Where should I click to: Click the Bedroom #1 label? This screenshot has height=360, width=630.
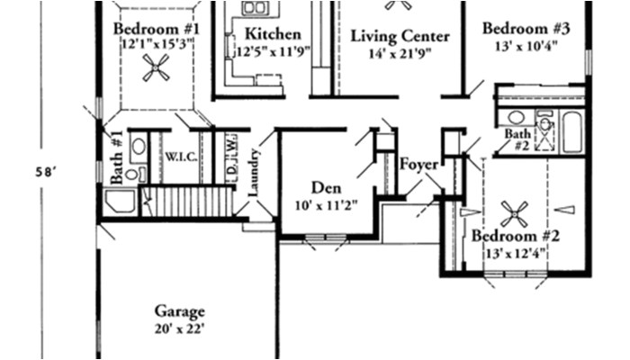[156, 28]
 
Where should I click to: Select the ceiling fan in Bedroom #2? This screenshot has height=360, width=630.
[514, 214]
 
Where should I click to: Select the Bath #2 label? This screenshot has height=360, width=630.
[517, 138]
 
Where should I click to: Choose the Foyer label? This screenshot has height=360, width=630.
[418, 165]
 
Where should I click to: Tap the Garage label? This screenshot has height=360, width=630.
[178, 311]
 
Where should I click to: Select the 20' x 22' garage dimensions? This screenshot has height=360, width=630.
[178, 328]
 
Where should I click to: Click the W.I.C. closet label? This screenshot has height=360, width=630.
[175, 156]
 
